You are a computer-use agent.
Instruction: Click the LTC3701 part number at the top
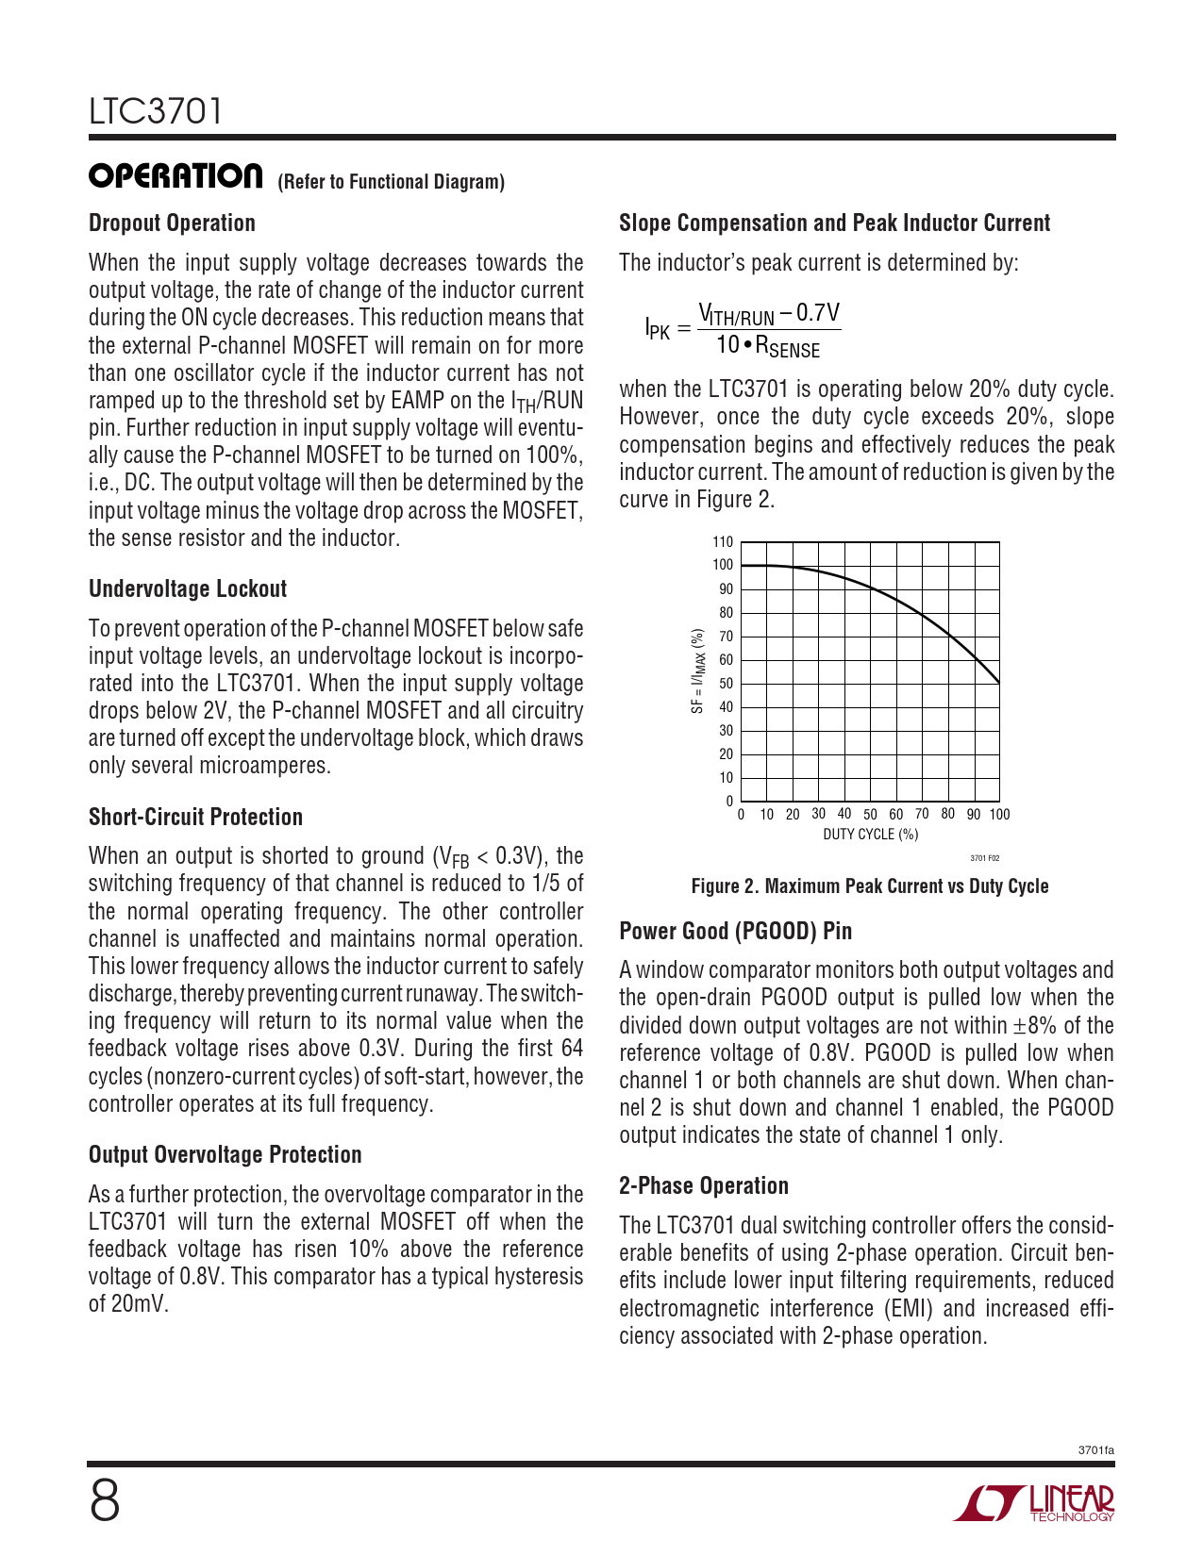(x=156, y=111)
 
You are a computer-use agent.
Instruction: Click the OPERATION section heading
(x=175, y=176)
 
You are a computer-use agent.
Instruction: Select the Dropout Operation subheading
(x=172, y=223)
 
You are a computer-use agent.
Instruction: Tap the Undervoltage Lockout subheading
(x=187, y=589)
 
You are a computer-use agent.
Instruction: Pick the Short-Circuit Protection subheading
(x=195, y=818)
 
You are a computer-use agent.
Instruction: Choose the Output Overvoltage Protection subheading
(x=225, y=1155)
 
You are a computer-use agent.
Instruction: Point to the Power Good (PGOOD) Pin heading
(x=735, y=932)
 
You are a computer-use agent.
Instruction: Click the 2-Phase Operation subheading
(x=703, y=1186)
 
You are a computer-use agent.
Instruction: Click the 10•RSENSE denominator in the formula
(x=767, y=346)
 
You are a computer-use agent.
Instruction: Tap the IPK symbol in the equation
(x=658, y=329)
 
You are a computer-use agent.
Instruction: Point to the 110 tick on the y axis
(x=723, y=542)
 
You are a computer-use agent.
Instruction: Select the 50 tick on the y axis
(x=726, y=684)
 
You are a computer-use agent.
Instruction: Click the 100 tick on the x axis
(x=999, y=815)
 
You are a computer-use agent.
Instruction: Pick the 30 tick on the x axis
(x=818, y=814)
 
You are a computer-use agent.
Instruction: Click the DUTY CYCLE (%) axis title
(x=870, y=835)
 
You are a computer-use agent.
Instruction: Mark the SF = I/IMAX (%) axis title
(x=697, y=671)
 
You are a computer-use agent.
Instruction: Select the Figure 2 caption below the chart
(x=869, y=886)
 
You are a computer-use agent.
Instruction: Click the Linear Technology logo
(x=1034, y=1503)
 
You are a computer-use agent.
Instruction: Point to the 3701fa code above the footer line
(x=1095, y=1450)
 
